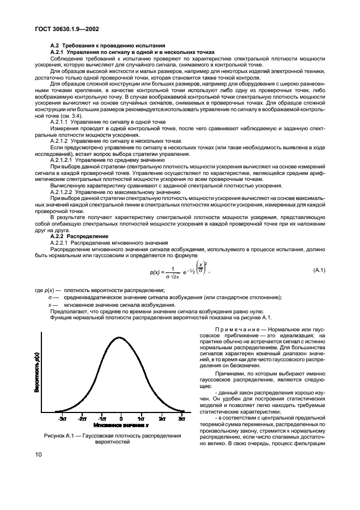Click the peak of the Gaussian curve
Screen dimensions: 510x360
coord(121,338)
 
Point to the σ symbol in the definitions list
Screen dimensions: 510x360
coord(50,297)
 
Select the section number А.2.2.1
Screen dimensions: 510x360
coord(61,242)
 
